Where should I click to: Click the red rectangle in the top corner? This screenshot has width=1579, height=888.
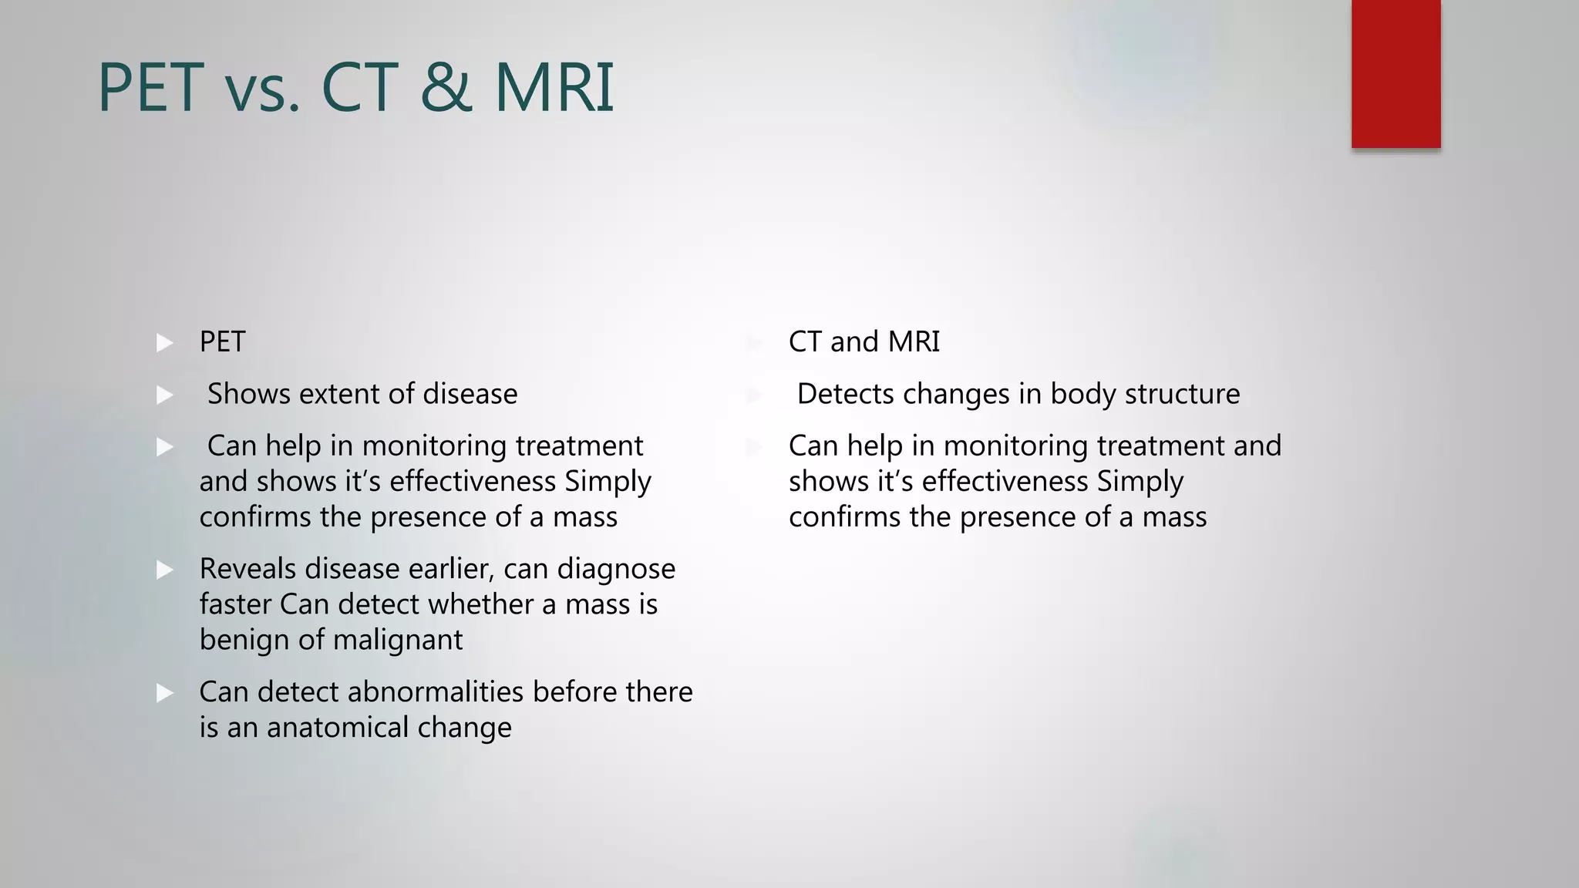(x=1396, y=73)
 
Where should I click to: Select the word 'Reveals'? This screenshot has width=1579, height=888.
(x=247, y=569)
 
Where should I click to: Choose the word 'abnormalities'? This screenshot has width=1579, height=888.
(x=436, y=691)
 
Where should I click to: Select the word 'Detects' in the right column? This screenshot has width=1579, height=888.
(x=845, y=394)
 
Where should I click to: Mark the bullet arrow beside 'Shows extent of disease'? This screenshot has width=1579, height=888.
(x=165, y=395)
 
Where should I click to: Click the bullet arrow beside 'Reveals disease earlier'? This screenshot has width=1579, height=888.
(x=165, y=570)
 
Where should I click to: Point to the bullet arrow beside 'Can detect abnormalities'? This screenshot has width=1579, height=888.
(x=165, y=693)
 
